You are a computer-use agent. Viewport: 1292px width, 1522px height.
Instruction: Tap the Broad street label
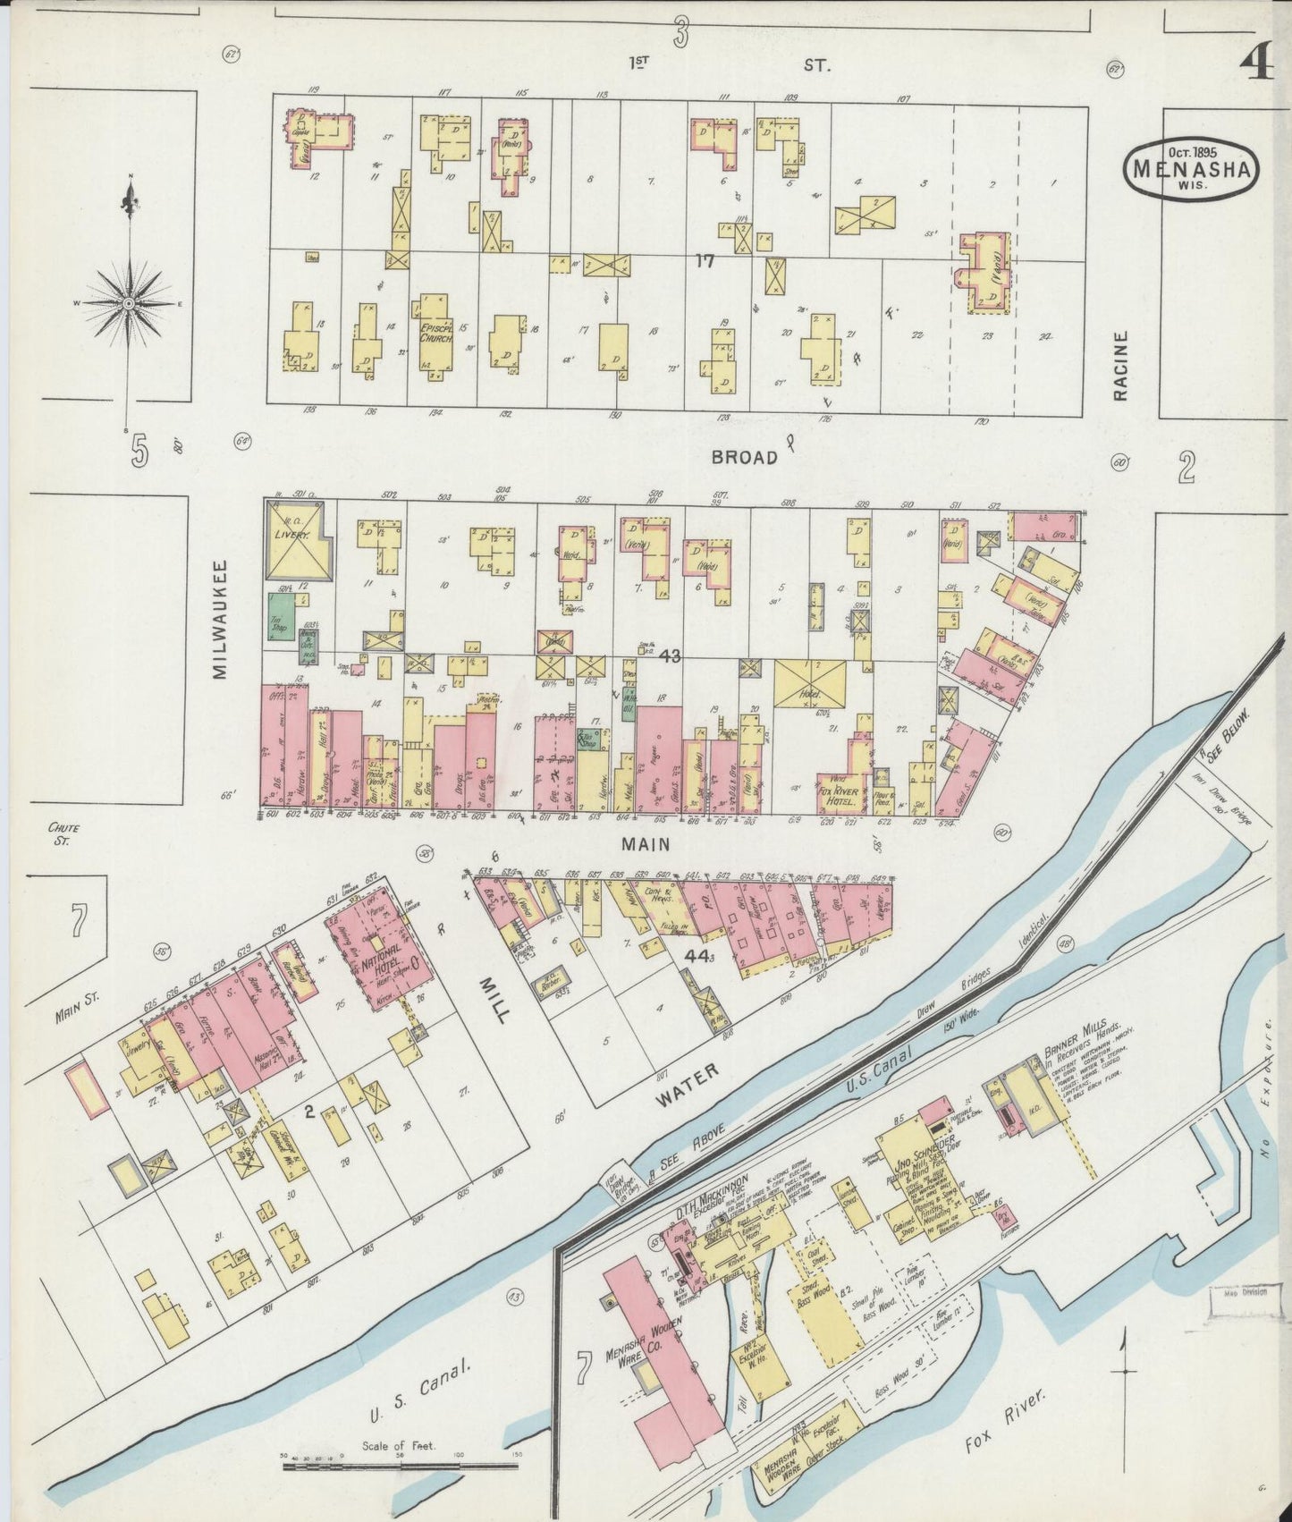pos(744,457)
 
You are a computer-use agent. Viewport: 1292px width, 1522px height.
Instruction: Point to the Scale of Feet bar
pos(399,1465)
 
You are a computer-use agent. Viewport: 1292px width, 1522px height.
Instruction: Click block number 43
pos(670,655)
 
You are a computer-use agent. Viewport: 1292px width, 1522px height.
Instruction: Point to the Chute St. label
pos(59,833)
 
